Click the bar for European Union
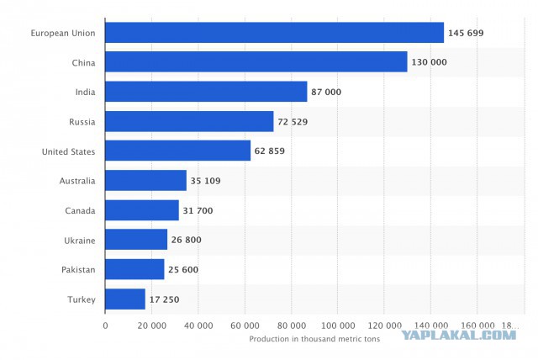click(275, 33)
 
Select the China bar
click(256, 61)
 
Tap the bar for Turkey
click(125, 299)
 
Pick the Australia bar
click(145, 180)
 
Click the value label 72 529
click(293, 122)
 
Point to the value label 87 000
click(326, 92)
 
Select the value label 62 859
click(270, 151)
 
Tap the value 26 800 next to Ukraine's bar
click(187, 240)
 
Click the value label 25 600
click(183, 269)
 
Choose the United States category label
click(68, 151)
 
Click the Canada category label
click(80, 210)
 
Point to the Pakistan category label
click(78, 270)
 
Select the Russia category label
click(82, 122)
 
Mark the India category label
click(86, 92)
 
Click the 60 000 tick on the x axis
click(245, 326)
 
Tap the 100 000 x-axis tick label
click(338, 326)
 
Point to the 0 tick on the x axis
click(105, 326)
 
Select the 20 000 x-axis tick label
click(152, 326)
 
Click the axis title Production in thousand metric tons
click(314, 339)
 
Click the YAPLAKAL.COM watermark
click(458, 335)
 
